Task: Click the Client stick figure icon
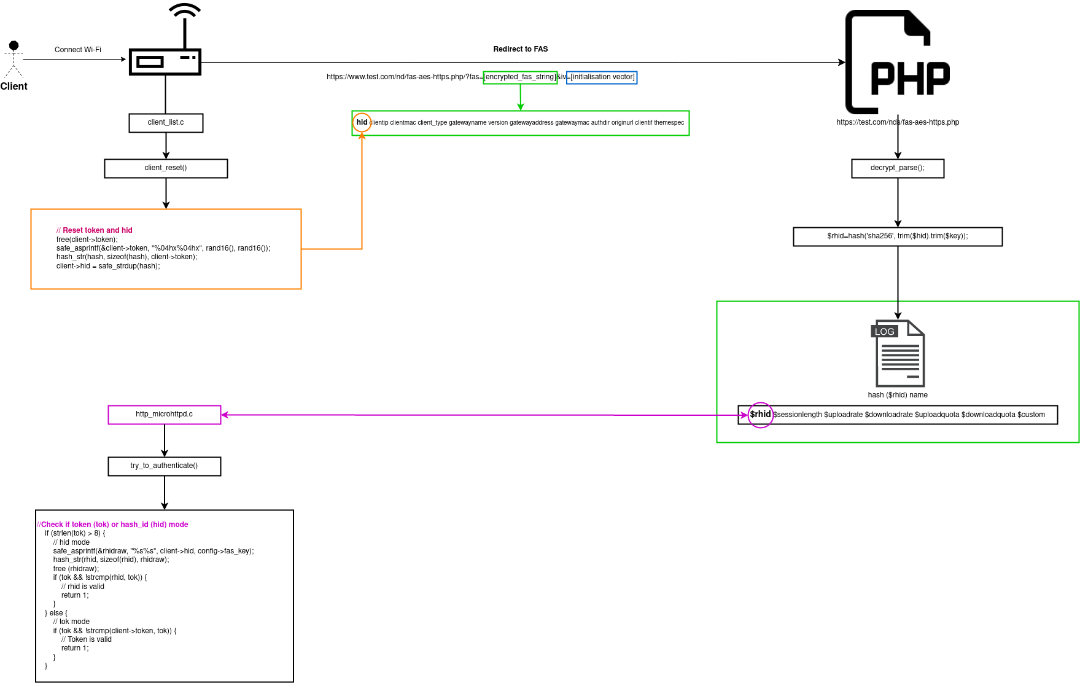pos(14,60)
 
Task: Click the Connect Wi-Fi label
pos(77,50)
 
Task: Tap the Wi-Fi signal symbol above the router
pos(185,11)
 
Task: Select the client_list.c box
pos(166,122)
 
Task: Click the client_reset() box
pos(166,168)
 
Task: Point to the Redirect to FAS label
pos(520,49)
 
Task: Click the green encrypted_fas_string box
pos(520,77)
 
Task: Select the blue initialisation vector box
pos(602,77)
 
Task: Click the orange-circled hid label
pos(362,122)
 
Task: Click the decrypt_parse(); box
pos(897,168)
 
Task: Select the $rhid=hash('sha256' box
pos(897,236)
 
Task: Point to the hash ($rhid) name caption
pos(897,395)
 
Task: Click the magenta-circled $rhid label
pos(759,415)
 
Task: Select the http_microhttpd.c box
pos(164,415)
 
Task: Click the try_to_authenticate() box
pos(164,466)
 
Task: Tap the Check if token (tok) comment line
pos(114,525)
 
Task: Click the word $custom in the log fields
pos(1031,415)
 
